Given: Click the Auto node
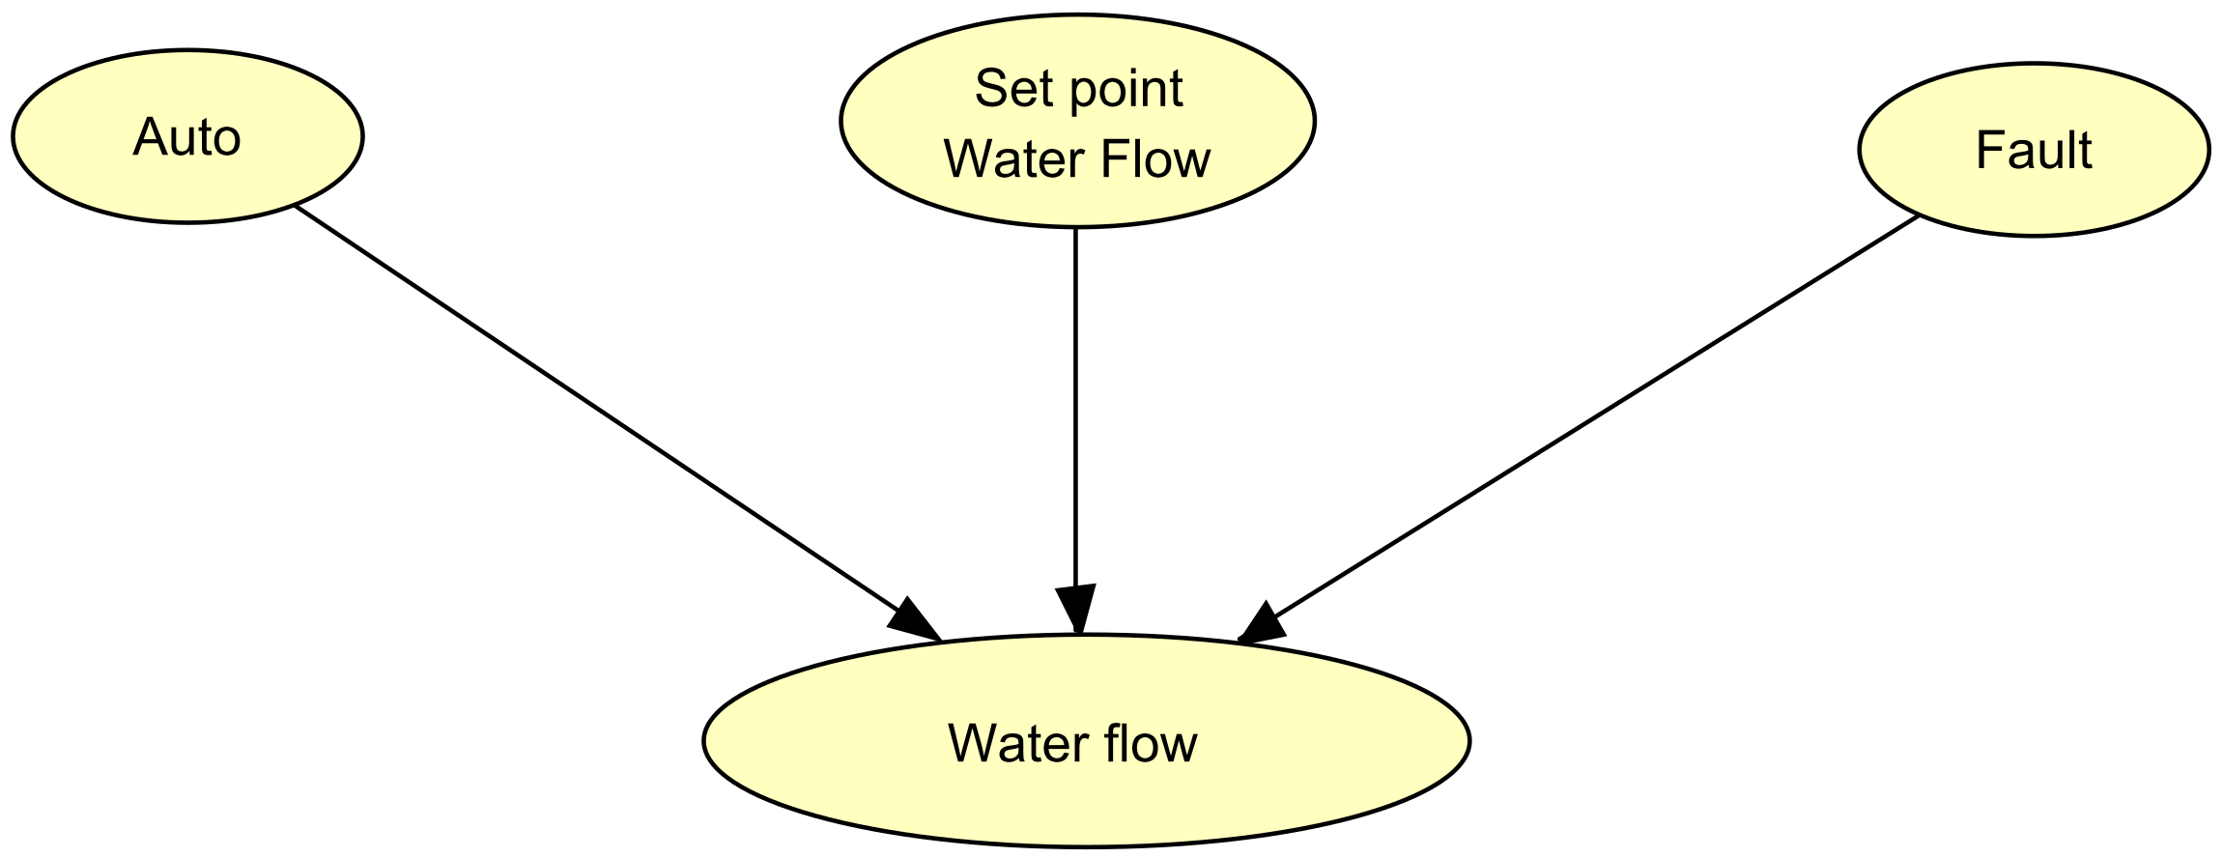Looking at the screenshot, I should pos(186,136).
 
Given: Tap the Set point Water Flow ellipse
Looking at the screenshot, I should pos(1076,121).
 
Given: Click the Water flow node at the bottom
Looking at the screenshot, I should pos(1085,742).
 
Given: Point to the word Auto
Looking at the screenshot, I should pos(186,137).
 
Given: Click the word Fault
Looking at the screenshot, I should pos(2033,151).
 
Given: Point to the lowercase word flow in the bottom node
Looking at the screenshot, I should pos(1159,744).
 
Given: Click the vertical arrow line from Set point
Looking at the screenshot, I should pos(1075,406).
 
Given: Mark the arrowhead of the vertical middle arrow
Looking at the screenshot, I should pos(1075,607).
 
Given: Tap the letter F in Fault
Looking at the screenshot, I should pos(1986,151).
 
